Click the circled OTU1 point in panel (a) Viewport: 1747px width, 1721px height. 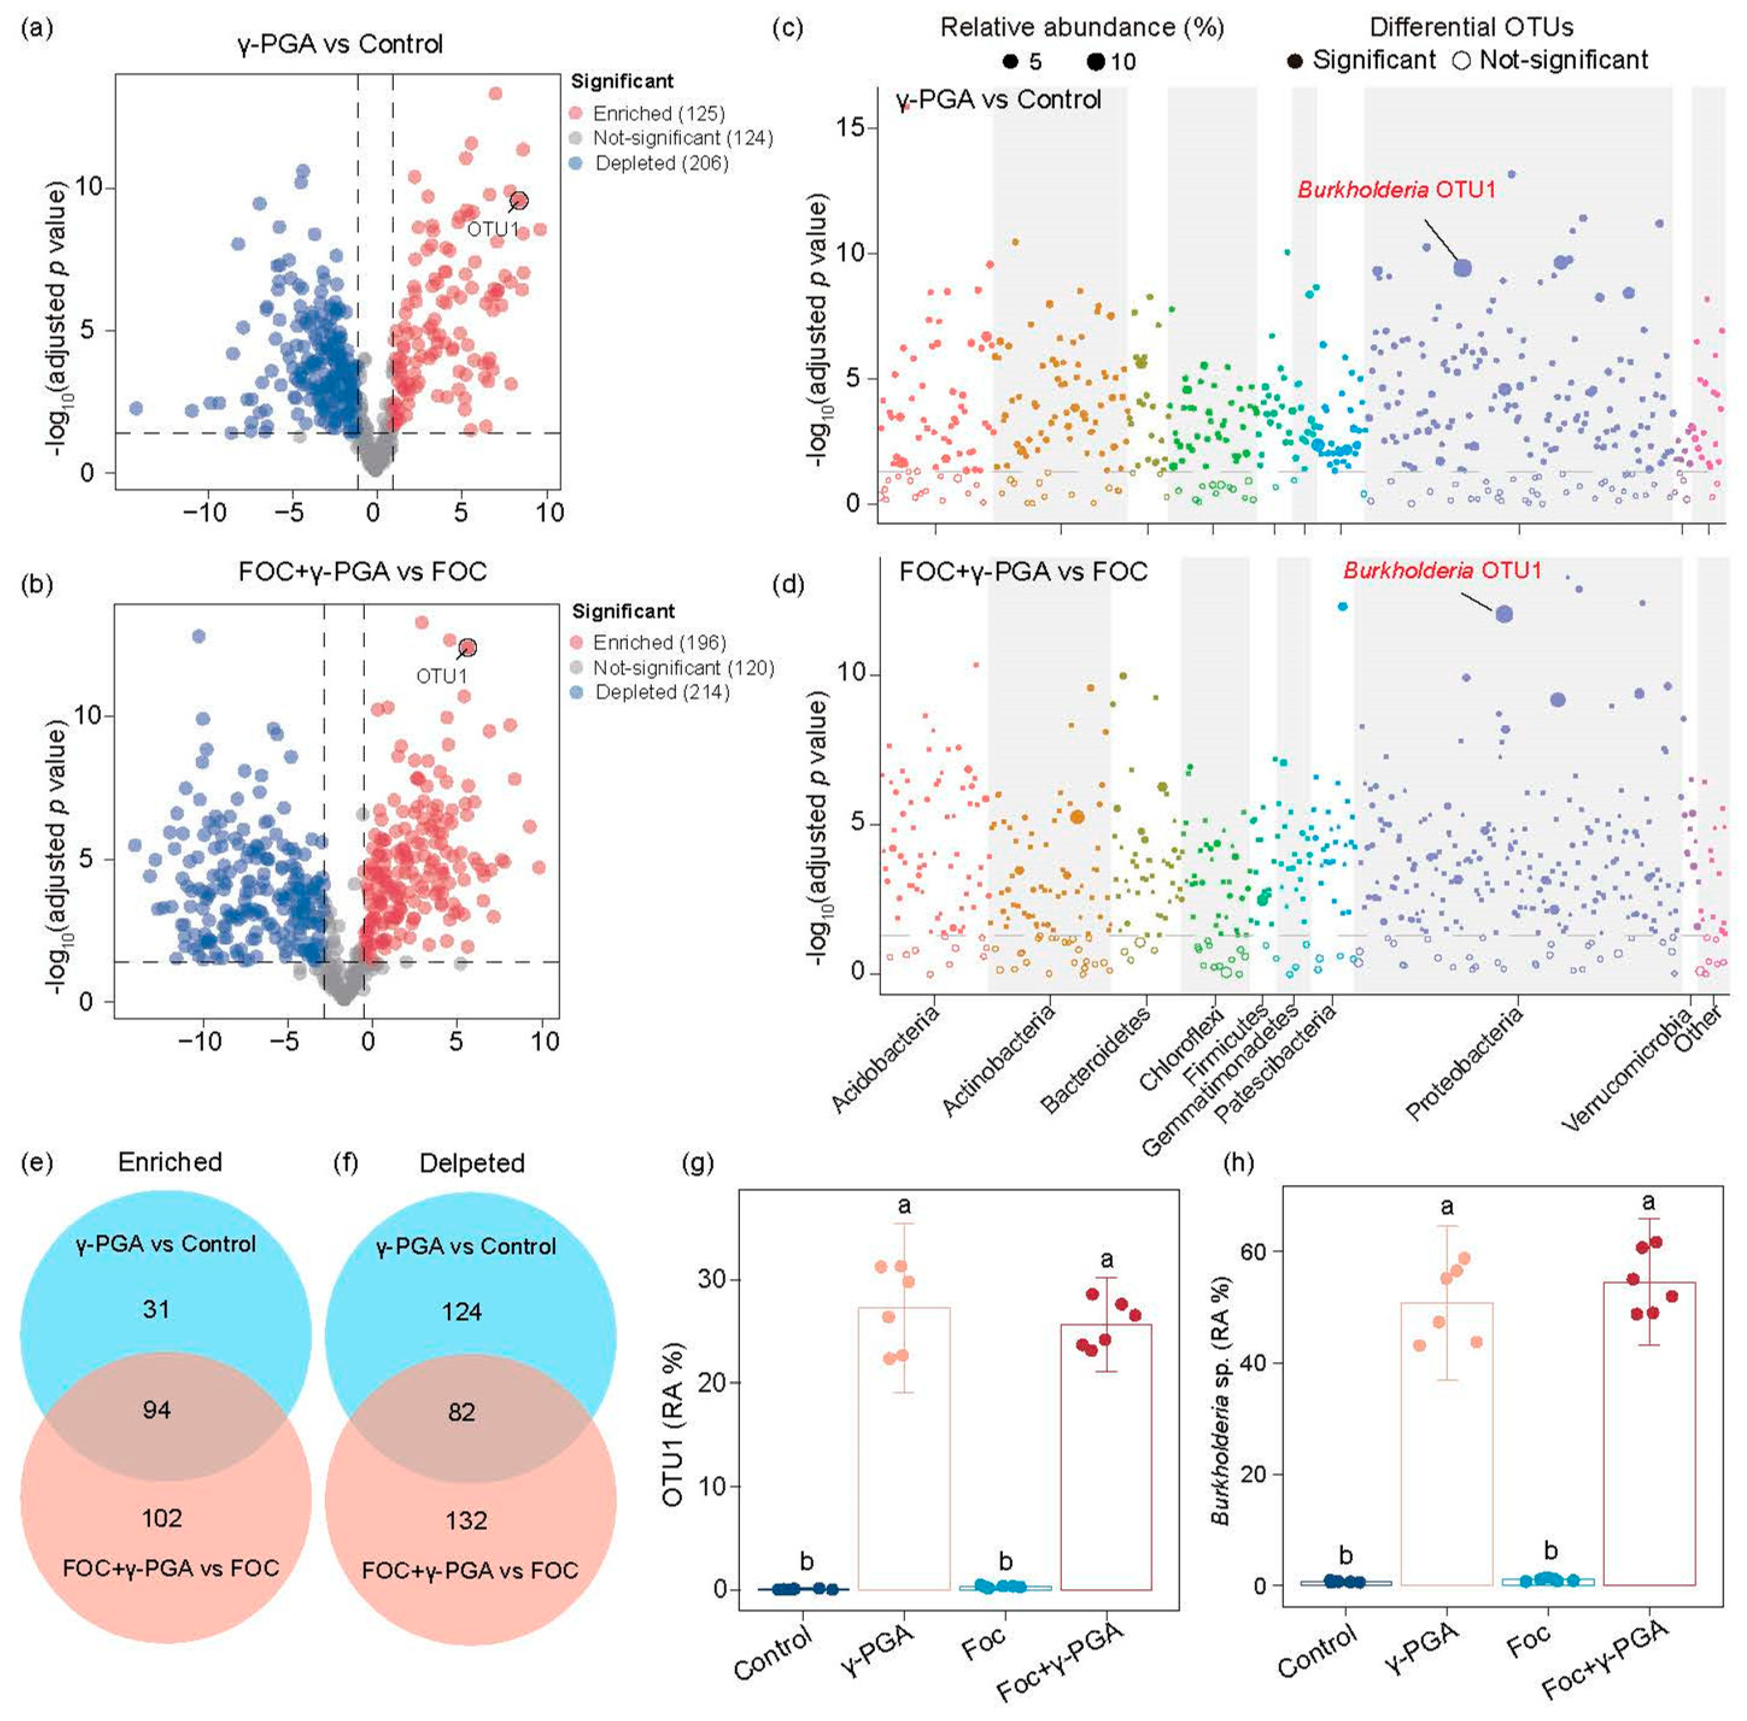[x=519, y=201]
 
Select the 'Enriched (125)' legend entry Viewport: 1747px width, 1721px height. [x=648, y=114]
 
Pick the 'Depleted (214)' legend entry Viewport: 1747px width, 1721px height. [x=649, y=693]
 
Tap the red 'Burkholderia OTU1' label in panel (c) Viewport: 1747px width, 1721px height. [x=1396, y=190]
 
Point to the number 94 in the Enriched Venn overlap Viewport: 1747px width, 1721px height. [x=157, y=1410]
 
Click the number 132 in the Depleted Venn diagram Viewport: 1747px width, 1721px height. [x=467, y=1520]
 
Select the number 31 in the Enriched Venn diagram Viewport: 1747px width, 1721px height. [x=156, y=1309]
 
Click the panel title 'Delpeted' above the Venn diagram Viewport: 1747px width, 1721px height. [x=472, y=1163]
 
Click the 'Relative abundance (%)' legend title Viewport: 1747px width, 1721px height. [x=1082, y=28]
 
